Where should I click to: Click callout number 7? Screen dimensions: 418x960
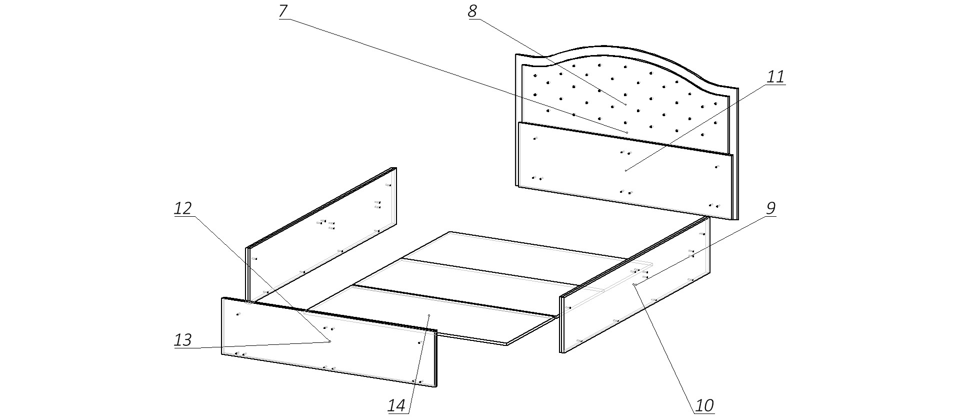click(x=283, y=11)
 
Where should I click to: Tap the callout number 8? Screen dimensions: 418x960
click(x=472, y=11)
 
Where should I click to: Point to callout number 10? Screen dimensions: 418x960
click(x=704, y=405)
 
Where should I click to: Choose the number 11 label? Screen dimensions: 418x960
click(x=775, y=77)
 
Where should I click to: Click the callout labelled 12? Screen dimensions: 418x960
click(x=183, y=209)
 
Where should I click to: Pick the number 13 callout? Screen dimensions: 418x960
click(x=183, y=340)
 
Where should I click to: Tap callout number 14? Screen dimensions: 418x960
click(x=396, y=405)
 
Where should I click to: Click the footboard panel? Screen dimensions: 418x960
click(x=300, y=345)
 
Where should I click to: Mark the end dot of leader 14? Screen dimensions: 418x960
click(x=429, y=315)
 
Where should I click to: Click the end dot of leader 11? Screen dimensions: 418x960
click(x=626, y=171)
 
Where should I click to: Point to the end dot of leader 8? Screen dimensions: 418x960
click(x=626, y=104)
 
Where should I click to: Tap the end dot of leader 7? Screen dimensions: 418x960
click(x=627, y=132)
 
